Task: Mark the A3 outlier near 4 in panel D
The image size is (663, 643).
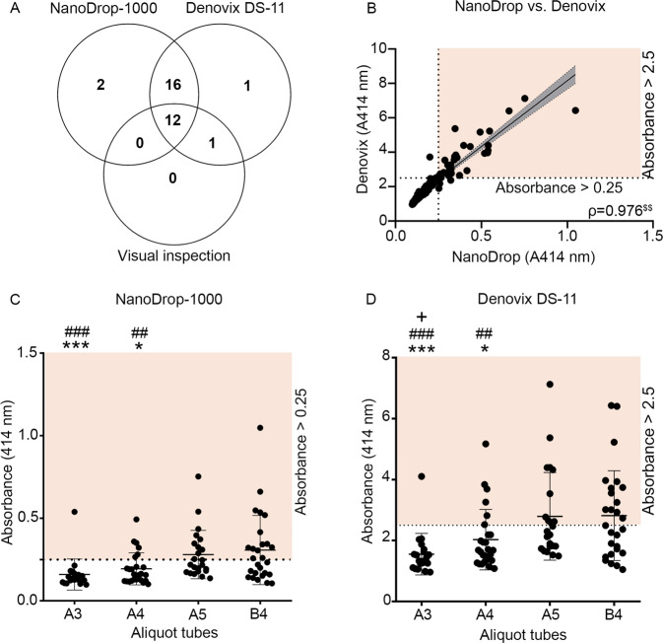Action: (421, 476)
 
